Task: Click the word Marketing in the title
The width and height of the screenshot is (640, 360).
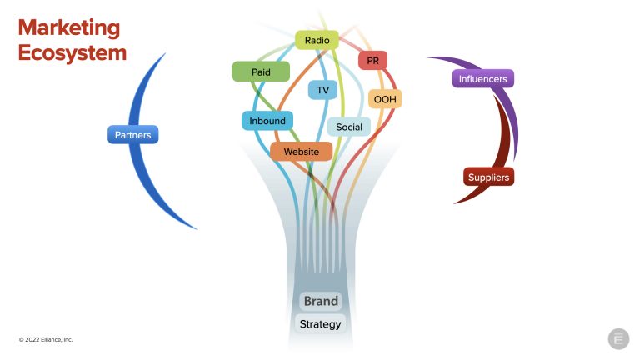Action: tap(69, 27)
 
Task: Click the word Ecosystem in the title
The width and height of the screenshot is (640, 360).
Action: tap(72, 52)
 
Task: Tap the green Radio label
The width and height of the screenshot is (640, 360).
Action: tap(317, 40)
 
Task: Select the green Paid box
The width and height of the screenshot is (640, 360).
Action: tap(261, 72)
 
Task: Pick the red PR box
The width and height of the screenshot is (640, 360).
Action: tap(372, 61)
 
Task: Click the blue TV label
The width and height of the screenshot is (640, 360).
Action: tap(322, 90)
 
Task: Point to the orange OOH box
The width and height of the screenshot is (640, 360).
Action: tap(385, 99)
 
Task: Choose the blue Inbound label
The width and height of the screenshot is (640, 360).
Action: tap(267, 121)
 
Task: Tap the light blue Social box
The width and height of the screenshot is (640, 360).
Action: tap(349, 127)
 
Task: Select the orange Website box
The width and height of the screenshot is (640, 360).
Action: tap(301, 152)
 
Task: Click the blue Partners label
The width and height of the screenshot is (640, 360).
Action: tap(132, 134)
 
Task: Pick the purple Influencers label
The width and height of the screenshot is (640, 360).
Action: tap(483, 79)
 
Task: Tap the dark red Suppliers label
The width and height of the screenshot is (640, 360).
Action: tap(488, 177)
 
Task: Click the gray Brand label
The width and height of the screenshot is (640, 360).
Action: tap(321, 301)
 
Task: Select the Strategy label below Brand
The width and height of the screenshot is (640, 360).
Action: tap(320, 323)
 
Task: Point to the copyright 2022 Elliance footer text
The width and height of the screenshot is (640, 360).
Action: tap(47, 340)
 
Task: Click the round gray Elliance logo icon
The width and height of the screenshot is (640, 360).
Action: tap(618, 339)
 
